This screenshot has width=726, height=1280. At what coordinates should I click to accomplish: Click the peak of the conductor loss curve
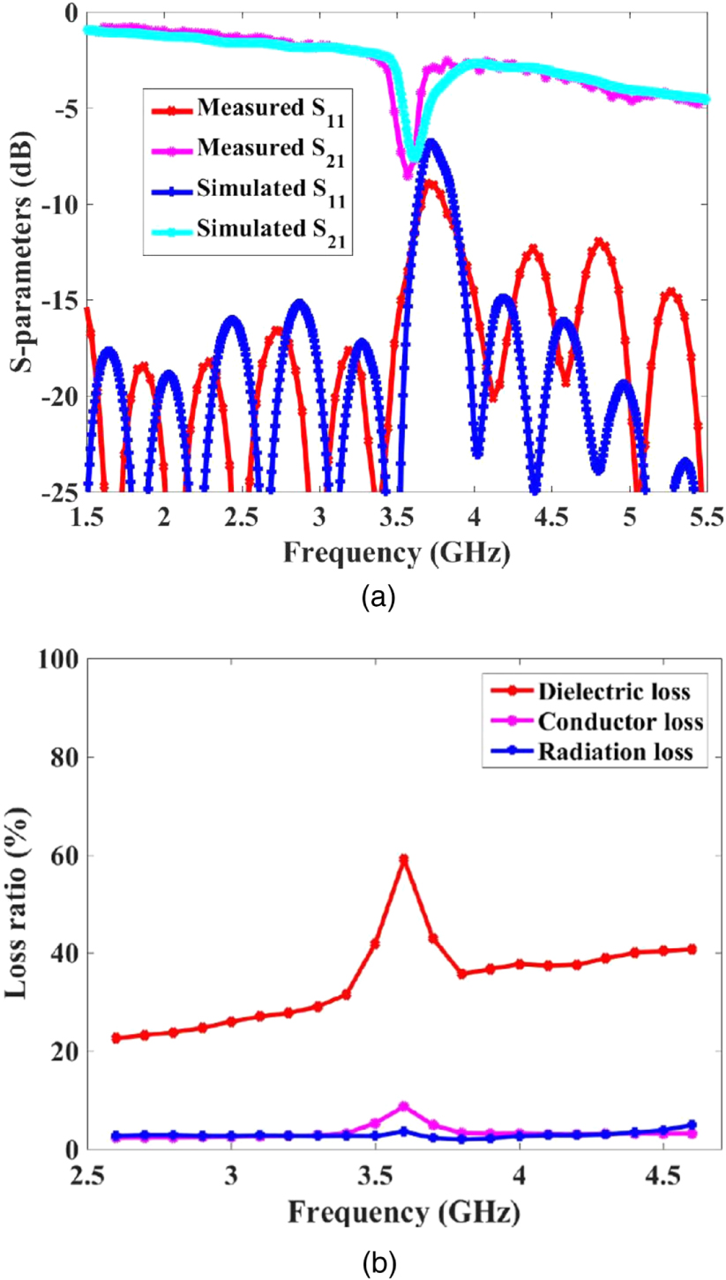pyautogui.click(x=404, y=1106)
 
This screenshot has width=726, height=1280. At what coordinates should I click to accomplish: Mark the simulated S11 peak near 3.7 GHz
pyautogui.click(x=430, y=143)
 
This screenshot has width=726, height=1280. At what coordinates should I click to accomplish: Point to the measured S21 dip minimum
pyautogui.click(x=408, y=173)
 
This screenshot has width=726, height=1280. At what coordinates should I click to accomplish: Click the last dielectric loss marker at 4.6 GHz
pyautogui.click(x=692, y=949)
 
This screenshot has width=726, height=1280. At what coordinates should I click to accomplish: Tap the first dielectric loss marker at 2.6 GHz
pyautogui.click(x=116, y=1038)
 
